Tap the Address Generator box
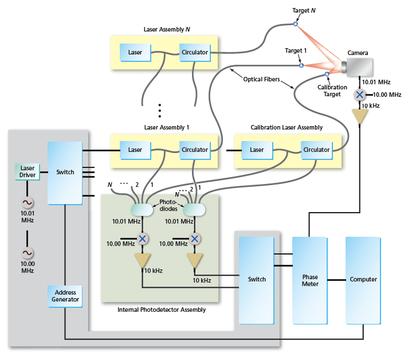click(x=64, y=296)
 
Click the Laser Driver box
click(x=27, y=171)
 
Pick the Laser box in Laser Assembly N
click(x=135, y=53)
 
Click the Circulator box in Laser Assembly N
click(x=195, y=53)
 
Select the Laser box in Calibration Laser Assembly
click(x=256, y=150)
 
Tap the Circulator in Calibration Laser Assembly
click(x=316, y=150)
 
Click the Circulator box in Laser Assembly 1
click(x=195, y=150)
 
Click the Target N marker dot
click(x=296, y=24)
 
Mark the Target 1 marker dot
click(x=301, y=65)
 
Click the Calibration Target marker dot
click(x=327, y=74)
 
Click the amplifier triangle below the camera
click(x=360, y=117)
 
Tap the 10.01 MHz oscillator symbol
click(x=27, y=202)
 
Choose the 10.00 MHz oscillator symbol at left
click(x=27, y=253)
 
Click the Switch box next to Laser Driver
click(x=65, y=172)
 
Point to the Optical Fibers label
click(x=260, y=79)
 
